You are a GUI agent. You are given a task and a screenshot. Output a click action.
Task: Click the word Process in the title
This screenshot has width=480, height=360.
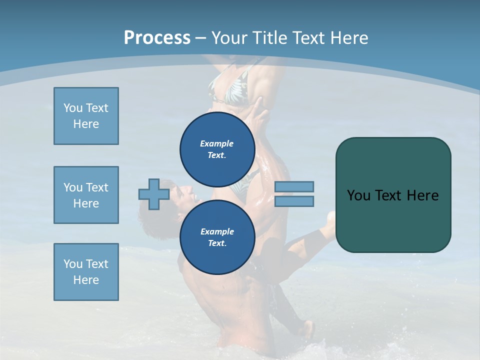pos(157,38)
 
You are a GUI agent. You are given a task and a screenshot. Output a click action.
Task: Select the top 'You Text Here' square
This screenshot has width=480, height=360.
pos(86,116)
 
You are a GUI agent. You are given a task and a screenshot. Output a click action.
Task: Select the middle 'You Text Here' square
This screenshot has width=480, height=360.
pos(86,195)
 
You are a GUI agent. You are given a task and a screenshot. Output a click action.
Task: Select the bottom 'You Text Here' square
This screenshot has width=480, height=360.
pos(86,272)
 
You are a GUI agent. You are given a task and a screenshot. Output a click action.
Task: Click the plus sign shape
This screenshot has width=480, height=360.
pos(154,194)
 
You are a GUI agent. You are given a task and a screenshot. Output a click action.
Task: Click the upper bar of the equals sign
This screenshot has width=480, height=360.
pos(294,186)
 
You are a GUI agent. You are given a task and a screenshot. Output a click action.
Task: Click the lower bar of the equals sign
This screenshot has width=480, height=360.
pos(294,201)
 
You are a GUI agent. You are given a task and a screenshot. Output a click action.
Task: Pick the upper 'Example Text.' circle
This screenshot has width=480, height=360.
pos(217,149)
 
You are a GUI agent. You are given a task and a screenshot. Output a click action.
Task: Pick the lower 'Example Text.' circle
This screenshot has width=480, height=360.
pos(217,237)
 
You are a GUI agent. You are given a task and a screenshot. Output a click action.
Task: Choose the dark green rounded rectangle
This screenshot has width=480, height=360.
pos(393,195)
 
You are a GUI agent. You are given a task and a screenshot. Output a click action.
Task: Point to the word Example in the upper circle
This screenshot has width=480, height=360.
pos(217,143)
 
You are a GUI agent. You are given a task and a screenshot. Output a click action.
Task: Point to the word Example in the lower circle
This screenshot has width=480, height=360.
pos(217,231)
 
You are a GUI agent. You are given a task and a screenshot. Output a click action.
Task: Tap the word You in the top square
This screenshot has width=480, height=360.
pos(72,108)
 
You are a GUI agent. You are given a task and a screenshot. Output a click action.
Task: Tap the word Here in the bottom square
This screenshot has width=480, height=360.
pos(86,280)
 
